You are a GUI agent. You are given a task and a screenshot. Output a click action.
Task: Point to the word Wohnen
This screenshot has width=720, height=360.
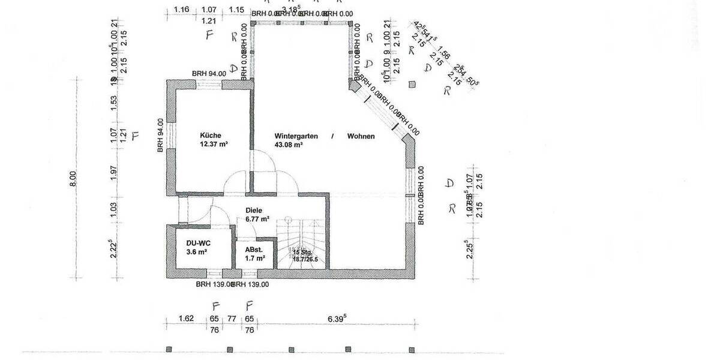click(x=361, y=136)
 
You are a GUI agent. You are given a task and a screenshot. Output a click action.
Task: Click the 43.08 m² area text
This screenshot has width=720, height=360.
click(x=289, y=145)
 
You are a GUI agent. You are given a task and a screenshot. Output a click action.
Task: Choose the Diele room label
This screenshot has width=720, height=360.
click(x=254, y=211)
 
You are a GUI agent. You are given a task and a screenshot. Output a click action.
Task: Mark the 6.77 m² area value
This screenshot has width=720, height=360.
click(x=257, y=220)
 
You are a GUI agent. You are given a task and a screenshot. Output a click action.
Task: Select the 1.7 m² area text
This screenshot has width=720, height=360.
click(x=255, y=259)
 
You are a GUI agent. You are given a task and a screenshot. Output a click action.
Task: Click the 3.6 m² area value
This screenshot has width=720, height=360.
click(x=197, y=253)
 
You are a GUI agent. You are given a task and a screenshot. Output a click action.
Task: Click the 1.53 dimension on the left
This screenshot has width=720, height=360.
click(x=114, y=103)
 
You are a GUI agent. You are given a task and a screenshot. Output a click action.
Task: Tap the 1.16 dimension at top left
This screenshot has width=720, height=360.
click(x=182, y=10)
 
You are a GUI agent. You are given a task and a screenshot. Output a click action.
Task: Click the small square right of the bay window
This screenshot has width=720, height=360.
click(x=412, y=85)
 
